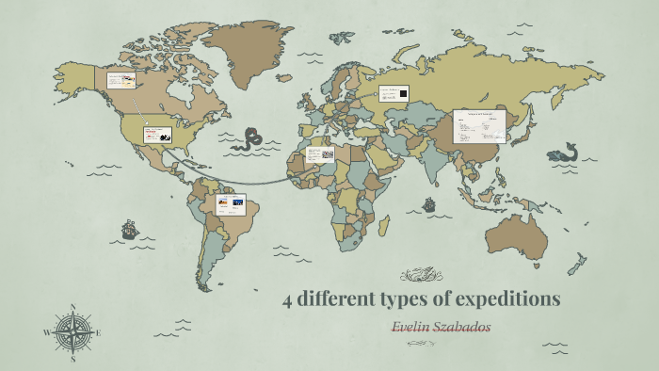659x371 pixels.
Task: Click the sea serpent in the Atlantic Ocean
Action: pos(249,139)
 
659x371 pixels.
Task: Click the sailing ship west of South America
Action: pos(129,229)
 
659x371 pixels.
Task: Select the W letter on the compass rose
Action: pos(46,332)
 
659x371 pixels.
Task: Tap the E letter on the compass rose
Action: pos(98,332)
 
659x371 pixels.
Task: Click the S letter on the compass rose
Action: pos(72,358)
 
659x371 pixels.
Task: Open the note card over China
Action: pos(479,125)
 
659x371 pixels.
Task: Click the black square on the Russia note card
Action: pos(402,93)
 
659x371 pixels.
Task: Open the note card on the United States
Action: pos(156,136)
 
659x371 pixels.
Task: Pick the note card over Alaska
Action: pos(121,80)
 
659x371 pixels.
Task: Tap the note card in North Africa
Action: pos(320,153)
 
